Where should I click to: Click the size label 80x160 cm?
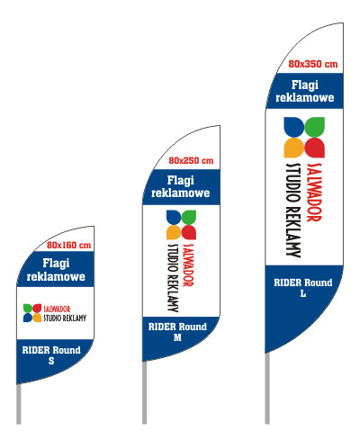coord(68,245)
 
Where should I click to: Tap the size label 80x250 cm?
coord(191,160)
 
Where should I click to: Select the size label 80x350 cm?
coord(313,64)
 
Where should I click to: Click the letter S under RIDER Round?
coord(51,361)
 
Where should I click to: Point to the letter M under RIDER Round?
coord(177,337)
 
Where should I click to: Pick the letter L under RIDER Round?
coord(303,293)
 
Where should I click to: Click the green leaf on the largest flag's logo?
coord(315,127)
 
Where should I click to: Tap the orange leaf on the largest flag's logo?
coord(293,148)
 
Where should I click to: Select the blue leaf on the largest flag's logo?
coord(293,127)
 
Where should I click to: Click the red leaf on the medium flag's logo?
coord(189,232)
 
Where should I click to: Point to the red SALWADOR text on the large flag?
coord(314,193)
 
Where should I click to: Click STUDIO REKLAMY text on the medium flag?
coord(173,278)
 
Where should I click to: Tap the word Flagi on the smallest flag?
coord(56,264)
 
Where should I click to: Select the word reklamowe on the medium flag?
coord(180,193)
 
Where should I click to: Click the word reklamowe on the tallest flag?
coord(305,97)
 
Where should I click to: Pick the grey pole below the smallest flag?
coord(19,404)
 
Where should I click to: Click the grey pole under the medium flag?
coord(145,392)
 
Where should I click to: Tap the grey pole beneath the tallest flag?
coord(267,389)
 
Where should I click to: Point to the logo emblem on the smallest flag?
coord(32,313)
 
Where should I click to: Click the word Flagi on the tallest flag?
coord(305,85)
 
